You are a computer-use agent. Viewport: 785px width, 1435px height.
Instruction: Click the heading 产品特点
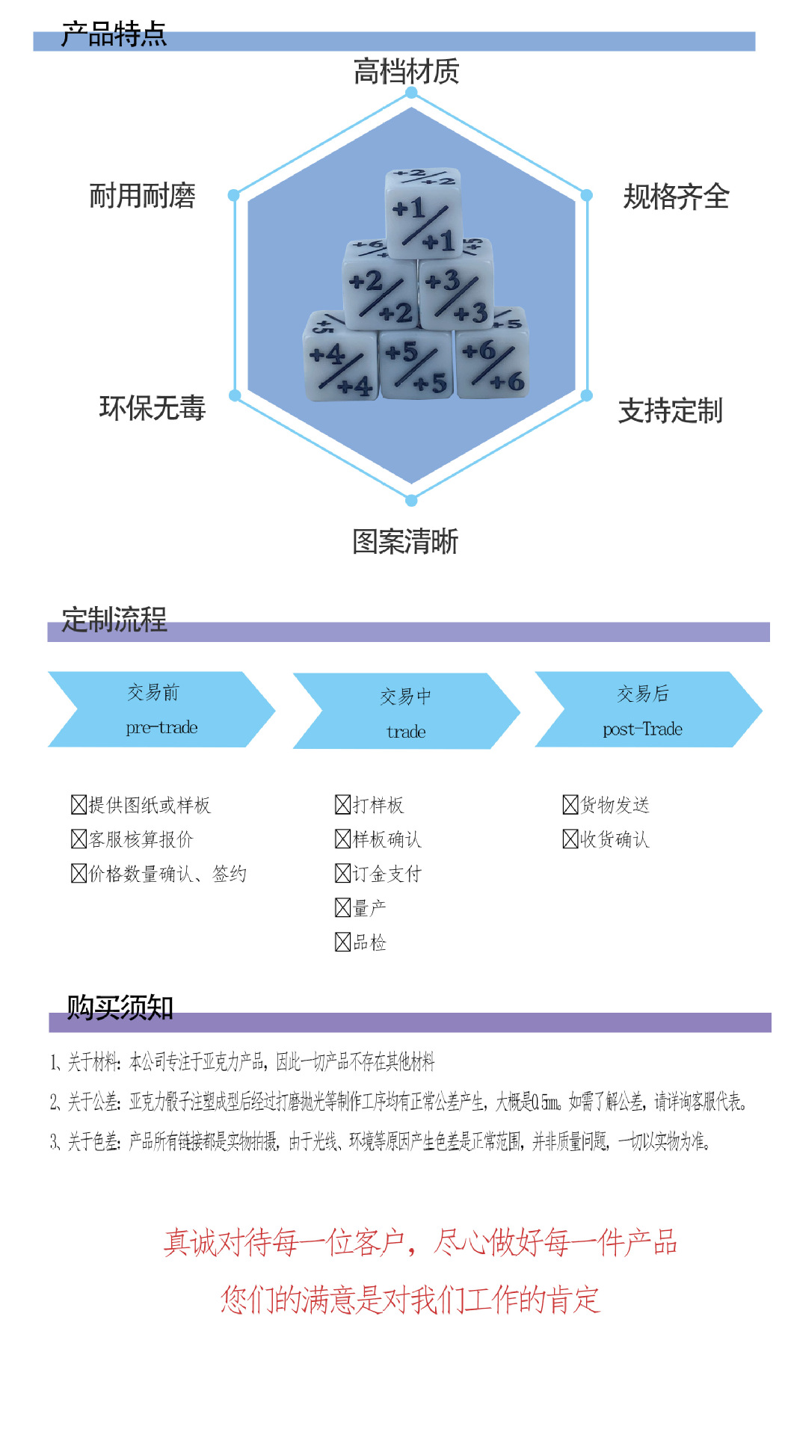click(114, 34)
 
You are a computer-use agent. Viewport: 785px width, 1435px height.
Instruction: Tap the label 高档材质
click(406, 72)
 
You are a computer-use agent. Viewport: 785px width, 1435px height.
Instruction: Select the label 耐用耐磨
click(142, 196)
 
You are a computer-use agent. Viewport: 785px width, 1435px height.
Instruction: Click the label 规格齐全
click(676, 197)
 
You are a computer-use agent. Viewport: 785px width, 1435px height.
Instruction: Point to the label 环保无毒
click(152, 408)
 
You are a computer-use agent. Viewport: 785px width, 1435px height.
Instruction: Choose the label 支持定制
click(670, 411)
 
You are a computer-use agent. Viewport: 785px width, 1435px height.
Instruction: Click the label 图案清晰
click(405, 542)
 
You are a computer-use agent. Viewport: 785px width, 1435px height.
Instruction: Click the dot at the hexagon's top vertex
click(411, 93)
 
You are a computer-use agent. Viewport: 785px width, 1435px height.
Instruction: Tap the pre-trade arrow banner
click(161, 709)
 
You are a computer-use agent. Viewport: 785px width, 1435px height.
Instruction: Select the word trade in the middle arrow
click(406, 732)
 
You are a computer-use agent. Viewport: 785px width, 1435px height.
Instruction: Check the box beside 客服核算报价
click(78, 839)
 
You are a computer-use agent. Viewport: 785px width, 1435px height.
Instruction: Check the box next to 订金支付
click(342, 874)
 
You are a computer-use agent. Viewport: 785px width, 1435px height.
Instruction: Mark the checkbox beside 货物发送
click(570, 805)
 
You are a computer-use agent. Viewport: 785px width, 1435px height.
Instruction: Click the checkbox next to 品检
click(342, 942)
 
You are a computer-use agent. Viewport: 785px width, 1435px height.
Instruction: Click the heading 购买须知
click(120, 1007)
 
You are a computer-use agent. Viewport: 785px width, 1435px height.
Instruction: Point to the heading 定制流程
click(114, 620)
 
